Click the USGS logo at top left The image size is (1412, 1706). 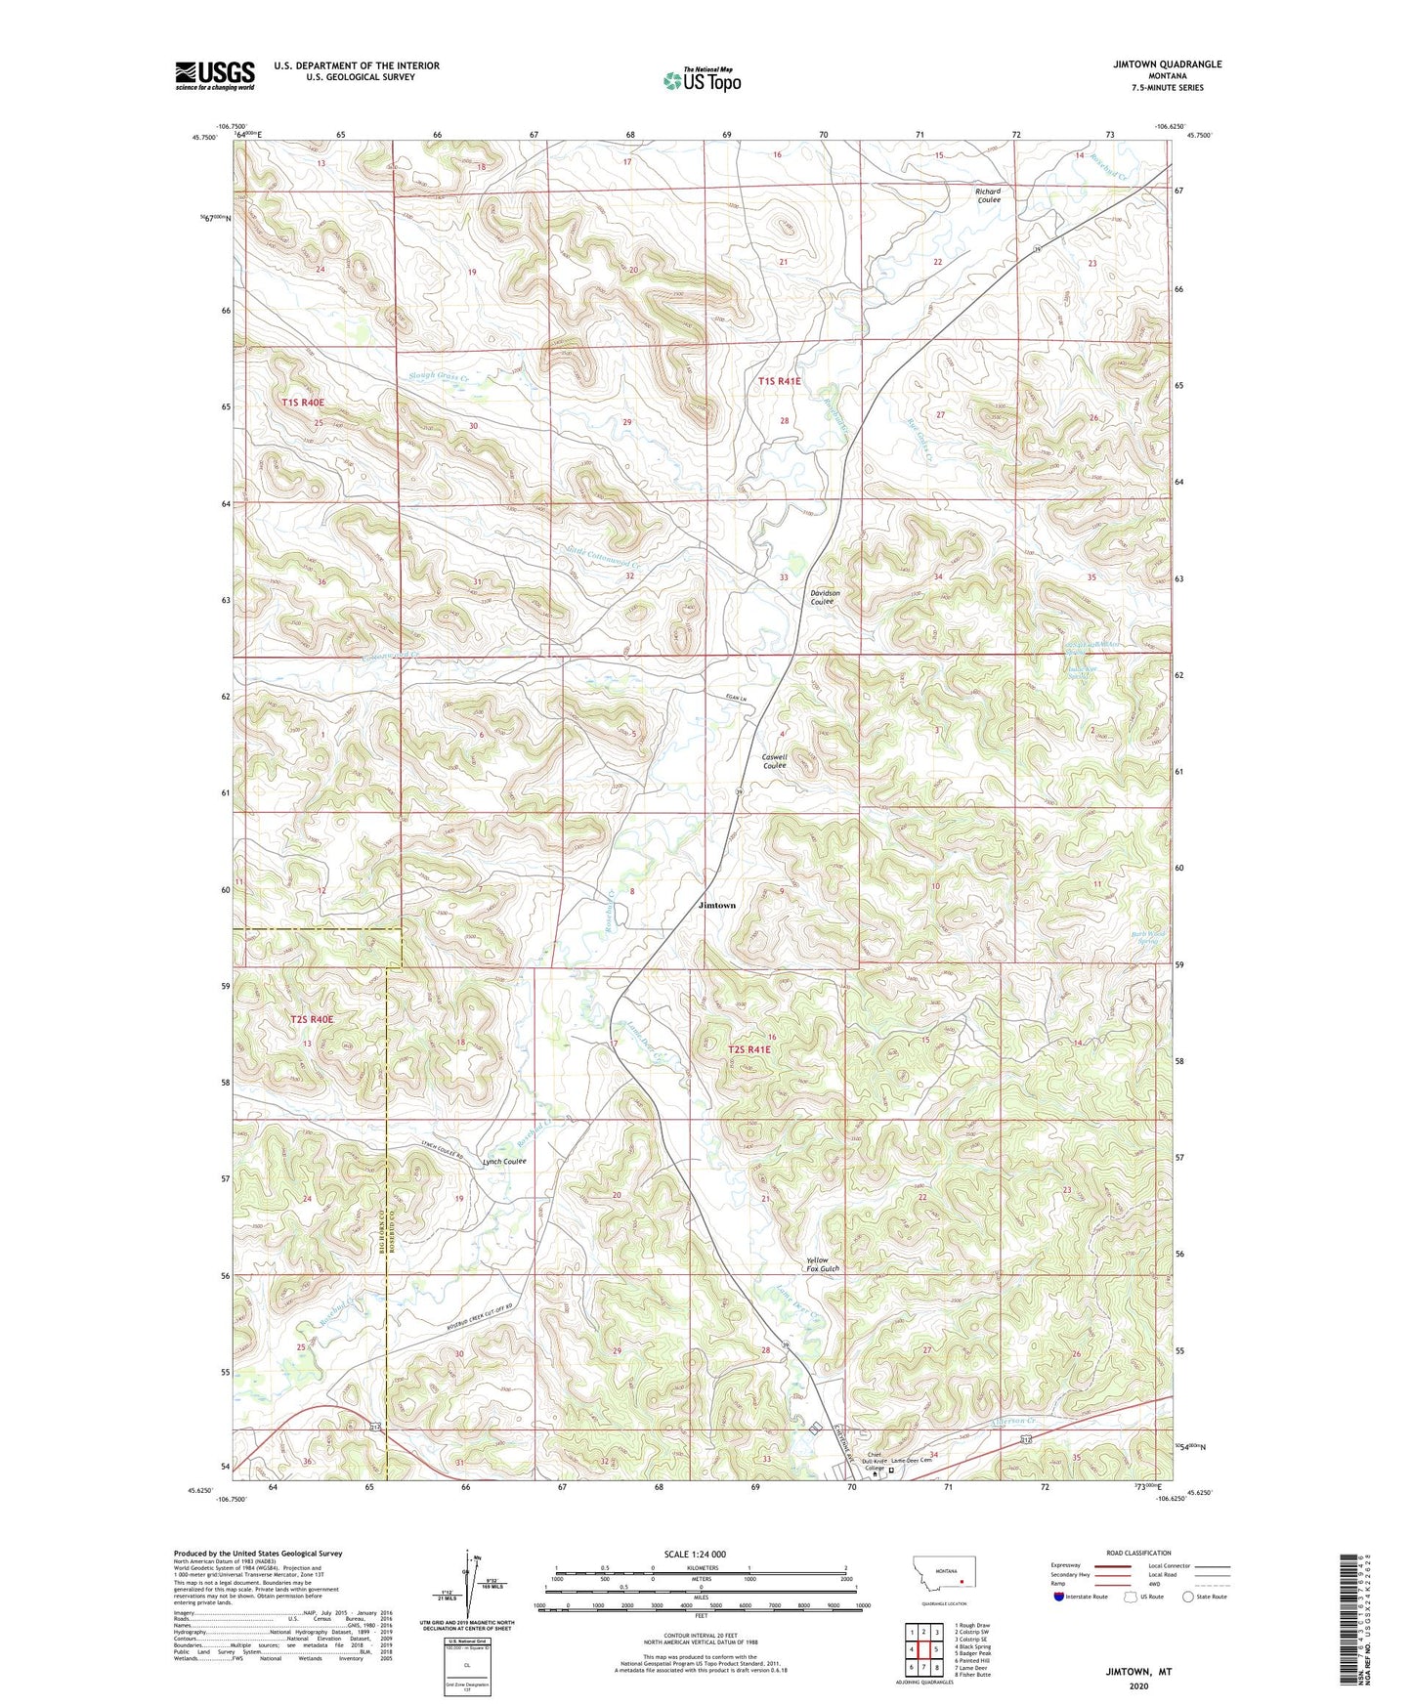point(215,75)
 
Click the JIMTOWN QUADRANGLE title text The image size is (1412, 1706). point(1167,64)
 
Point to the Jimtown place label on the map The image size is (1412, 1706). point(716,906)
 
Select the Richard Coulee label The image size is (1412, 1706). point(988,195)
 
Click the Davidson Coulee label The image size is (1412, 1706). point(824,597)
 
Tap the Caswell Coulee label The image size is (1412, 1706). point(774,761)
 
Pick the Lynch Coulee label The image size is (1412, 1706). point(504,1162)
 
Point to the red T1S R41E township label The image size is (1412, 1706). point(779,381)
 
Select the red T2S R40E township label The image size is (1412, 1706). point(312,1019)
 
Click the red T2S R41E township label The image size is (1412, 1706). point(749,1049)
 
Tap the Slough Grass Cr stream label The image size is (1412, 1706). point(438,376)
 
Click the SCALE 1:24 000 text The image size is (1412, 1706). point(694,1554)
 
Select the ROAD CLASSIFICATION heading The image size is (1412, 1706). point(1137,1553)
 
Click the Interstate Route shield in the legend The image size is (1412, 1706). point(1059,1597)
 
